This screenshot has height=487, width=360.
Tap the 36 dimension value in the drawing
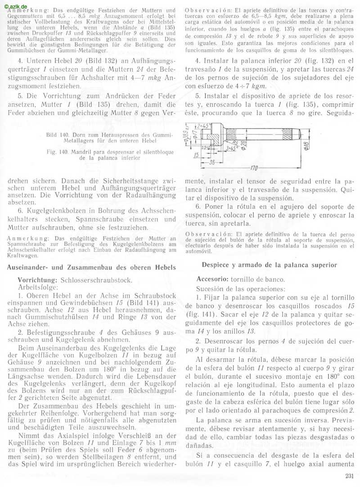211,162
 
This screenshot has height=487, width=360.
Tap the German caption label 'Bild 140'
58,135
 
